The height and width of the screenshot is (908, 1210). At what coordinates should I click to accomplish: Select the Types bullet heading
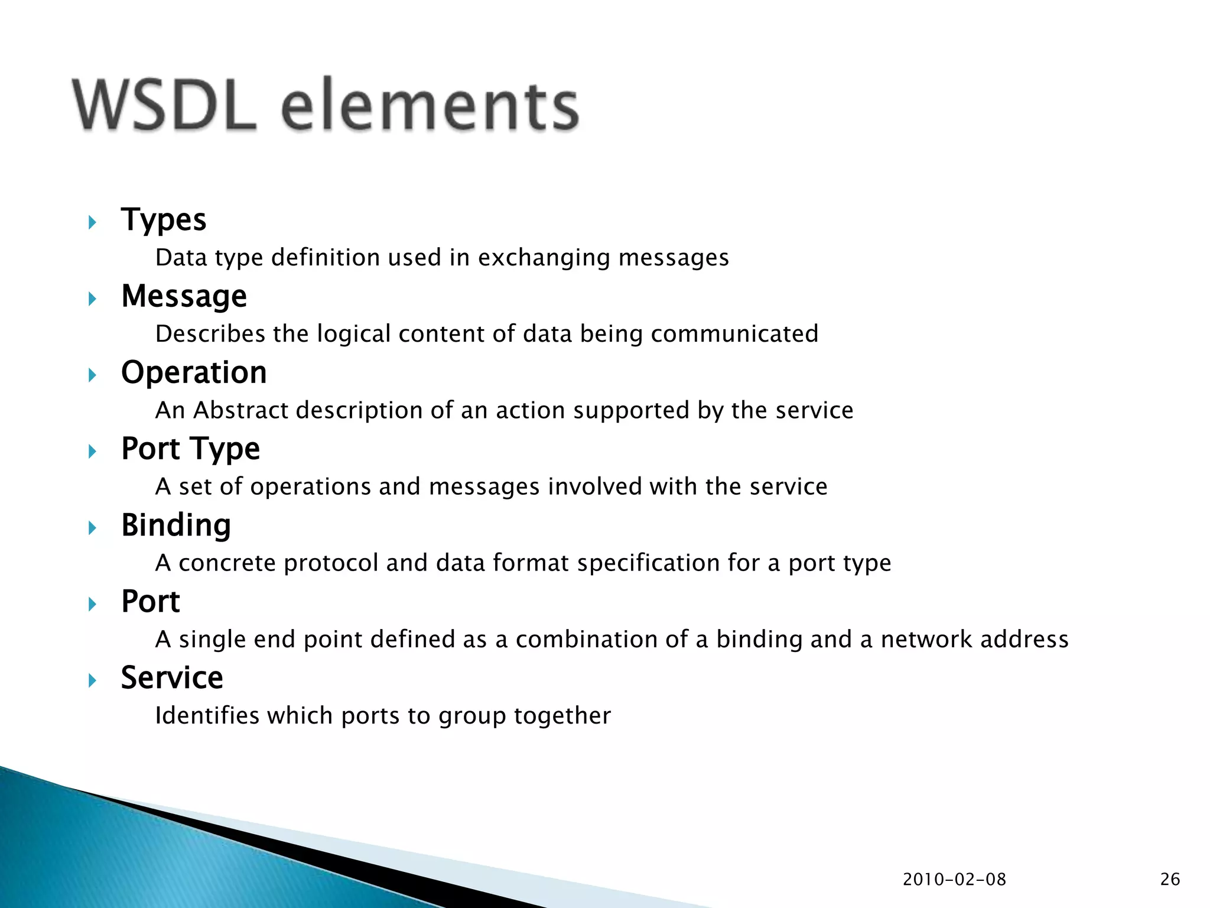tap(164, 220)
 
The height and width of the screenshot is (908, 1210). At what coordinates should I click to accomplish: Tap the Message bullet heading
tap(184, 296)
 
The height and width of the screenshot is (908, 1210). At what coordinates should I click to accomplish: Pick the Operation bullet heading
tap(194, 372)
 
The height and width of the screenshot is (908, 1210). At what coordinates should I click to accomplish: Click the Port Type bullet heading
tap(190, 449)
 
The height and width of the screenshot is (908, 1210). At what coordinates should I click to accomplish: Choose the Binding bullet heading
tap(176, 525)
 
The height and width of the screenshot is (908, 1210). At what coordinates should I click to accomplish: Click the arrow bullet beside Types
tap(92, 222)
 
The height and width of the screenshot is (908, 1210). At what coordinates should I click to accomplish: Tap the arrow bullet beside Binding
tap(92, 527)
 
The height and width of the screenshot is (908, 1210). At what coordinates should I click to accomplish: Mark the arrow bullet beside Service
tap(92, 680)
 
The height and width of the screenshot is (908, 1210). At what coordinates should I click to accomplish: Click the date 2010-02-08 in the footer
tap(954, 880)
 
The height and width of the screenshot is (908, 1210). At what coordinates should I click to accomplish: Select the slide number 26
tap(1170, 880)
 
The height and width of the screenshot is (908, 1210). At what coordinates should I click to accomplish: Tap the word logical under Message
tap(353, 334)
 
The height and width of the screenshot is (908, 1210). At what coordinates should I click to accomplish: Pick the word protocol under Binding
tap(331, 563)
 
